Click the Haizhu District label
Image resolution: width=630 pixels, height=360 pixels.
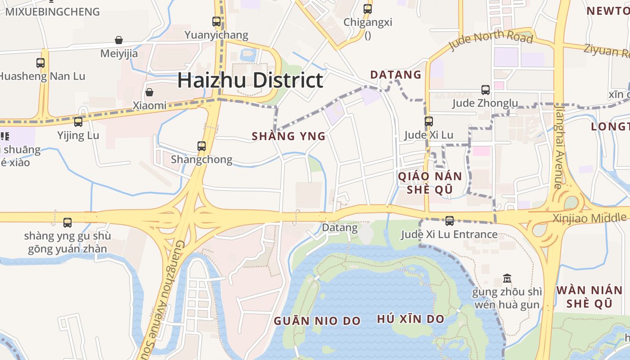250,81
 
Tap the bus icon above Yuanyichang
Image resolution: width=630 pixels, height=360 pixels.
216,21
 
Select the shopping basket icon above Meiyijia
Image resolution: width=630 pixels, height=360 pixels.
119,40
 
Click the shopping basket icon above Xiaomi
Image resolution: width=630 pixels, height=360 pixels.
149,92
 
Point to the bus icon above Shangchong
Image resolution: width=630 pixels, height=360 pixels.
202,146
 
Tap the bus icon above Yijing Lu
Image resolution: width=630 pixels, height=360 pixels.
78,121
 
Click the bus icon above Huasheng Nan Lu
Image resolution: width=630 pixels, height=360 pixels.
40,63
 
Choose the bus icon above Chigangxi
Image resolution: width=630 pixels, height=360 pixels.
368,9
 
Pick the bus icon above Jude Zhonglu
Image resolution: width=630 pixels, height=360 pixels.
485,90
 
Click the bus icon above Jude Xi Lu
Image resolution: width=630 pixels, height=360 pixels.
428,121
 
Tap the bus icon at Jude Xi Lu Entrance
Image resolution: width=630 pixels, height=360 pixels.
449,221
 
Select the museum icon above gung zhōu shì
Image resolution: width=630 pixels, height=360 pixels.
507,279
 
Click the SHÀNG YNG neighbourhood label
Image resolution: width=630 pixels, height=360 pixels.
288,136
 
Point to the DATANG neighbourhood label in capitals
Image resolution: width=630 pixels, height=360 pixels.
396,75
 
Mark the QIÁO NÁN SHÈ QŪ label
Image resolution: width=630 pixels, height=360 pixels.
430,183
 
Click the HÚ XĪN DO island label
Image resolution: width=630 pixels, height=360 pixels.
410,319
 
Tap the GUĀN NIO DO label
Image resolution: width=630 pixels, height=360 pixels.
317,321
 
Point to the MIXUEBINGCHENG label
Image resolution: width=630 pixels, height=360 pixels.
52,12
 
